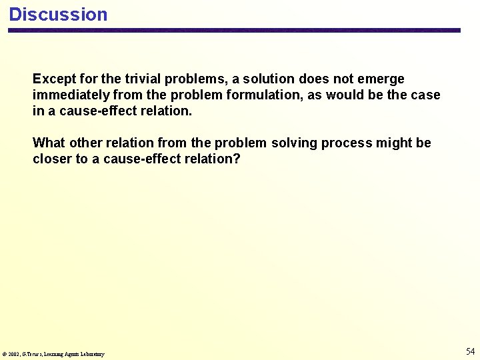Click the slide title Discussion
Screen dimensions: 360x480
coord(58,15)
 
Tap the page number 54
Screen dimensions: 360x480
coord(470,351)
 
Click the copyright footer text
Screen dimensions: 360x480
coord(54,354)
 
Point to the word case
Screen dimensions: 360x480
coord(425,95)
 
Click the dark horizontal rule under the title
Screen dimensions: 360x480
coord(234,30)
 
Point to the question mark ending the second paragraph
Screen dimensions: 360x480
coord(237,159)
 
